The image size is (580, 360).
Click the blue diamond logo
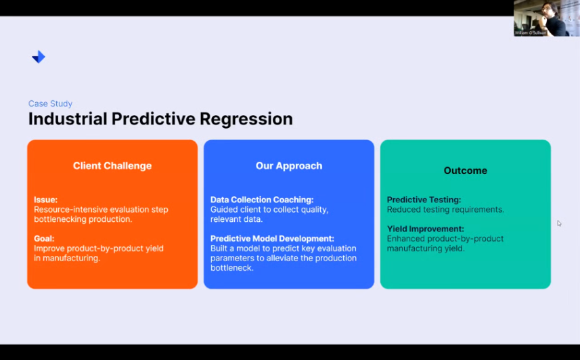click(39, 57)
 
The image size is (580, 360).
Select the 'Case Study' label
click(50, 104)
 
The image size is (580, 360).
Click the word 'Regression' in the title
click(246, 119)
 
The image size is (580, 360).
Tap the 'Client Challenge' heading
click(112, 166)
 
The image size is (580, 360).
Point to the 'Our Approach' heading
click(289, 166)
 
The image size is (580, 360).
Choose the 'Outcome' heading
click(466, 171)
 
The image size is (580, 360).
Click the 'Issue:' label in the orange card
click(46, 200)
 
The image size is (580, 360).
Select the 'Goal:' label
click(44, 239)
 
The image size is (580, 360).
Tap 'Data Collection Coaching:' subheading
click(262, 200)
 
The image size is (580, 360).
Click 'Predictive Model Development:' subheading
click(272, 239)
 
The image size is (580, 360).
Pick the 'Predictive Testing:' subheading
click(424, 200)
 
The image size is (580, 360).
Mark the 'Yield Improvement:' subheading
click(426, 229)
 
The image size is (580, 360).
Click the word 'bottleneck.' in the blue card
click(232, 268)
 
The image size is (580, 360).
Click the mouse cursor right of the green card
click(559, 223)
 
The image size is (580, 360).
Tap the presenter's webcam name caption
click(531, 33)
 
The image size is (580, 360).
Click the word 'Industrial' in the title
click(68, 119)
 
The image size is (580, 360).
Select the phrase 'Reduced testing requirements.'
click(445, 210)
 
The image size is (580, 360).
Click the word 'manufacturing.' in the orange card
click(71, 258)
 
